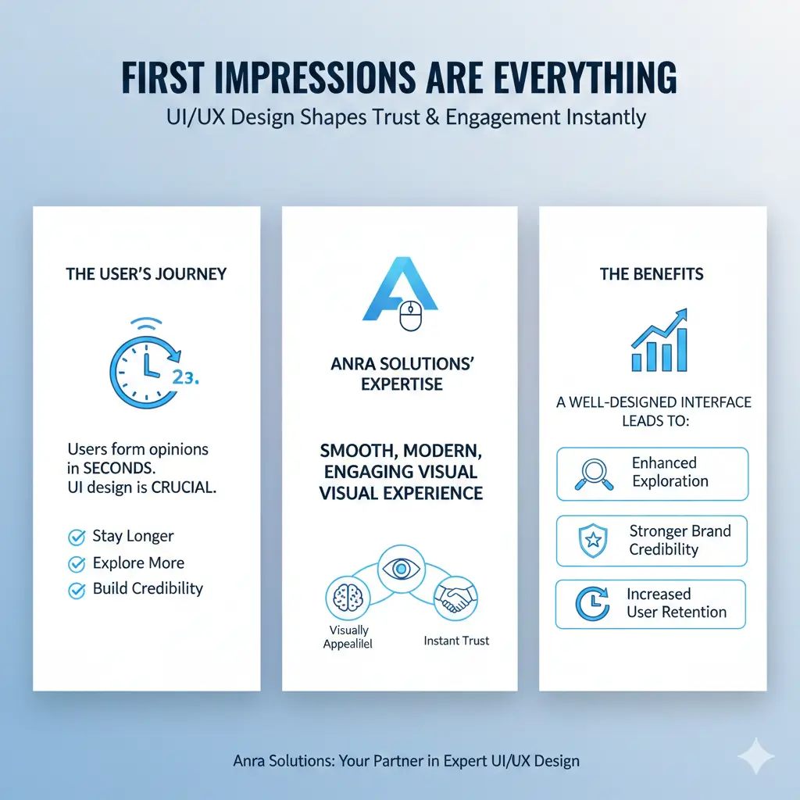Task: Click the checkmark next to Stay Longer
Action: click(77, 537)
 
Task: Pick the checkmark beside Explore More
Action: click(77, 563)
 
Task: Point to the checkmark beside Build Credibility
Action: click(77, 590)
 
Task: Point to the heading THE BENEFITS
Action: click(652, 273)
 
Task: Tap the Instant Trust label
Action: click(456, 641)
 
